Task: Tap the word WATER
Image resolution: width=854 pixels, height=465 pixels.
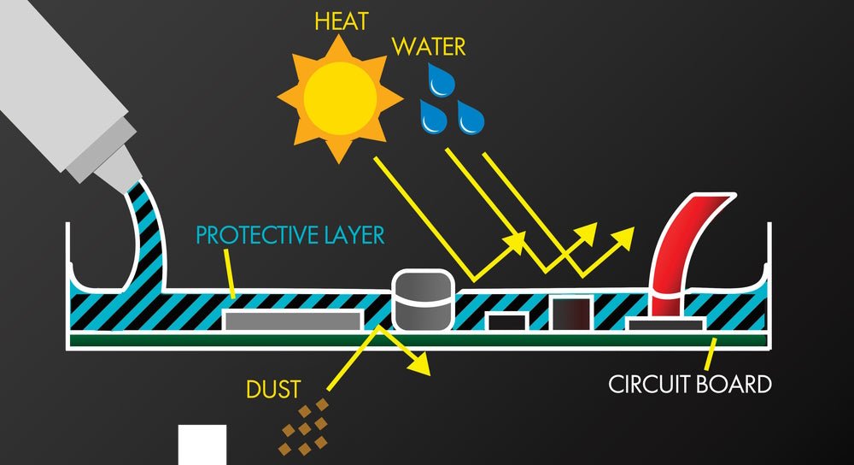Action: (430, 45)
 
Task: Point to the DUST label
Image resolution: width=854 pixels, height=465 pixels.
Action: (273, 390)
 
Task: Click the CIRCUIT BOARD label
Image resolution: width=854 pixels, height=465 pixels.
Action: (690, 384)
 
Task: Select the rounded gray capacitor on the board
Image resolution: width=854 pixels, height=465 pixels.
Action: (421, 300)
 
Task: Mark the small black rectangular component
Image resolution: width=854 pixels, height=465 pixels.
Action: (506, 322)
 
